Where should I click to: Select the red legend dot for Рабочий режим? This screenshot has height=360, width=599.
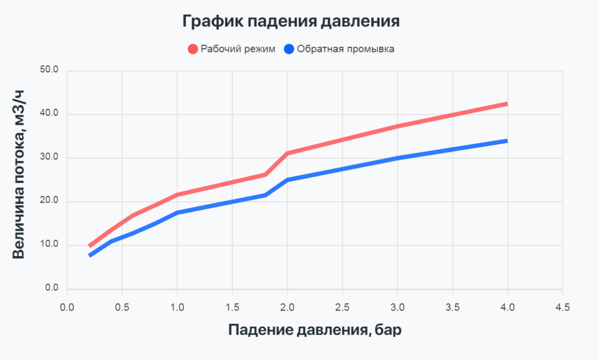[x=193, y=49]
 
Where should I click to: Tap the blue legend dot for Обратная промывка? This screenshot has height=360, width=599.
[x=290, y=49]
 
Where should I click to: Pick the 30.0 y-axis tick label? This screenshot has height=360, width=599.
[x=49, y=158]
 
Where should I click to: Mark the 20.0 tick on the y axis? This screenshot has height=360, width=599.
[x=49, y=201]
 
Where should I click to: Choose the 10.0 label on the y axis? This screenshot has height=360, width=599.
[x=49, y=245]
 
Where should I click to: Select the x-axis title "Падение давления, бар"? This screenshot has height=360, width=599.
[x=315, y=330]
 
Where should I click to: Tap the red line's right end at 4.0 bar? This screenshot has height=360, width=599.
[x=507, y=104]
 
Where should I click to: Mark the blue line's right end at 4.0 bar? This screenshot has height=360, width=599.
[x=507, y=141]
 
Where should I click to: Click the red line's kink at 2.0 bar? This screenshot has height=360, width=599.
[x=287, y=153]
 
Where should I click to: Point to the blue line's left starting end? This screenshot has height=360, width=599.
[x=90, y=256]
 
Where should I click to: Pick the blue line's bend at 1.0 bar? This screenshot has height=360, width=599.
[x=177, y=213]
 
